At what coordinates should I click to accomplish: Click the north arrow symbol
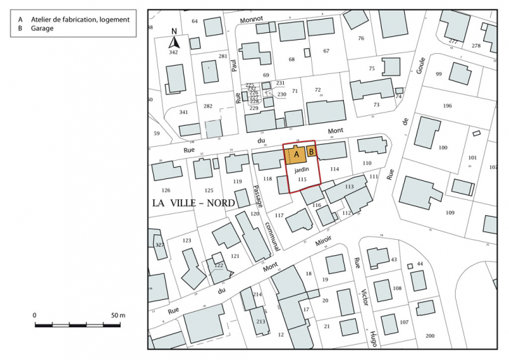click(173, 41)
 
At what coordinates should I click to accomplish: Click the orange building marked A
click(296, 154)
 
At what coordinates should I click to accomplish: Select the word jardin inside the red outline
click(301, 170)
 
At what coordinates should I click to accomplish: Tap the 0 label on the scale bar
click(35, 315)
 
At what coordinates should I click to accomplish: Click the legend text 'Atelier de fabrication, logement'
click(80, 20)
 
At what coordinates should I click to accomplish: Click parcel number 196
click(447, 106)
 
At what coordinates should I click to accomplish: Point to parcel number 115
click(302, 180)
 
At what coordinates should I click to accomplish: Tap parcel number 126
click(166, 190)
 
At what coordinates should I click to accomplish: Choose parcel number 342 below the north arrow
click(173, 52)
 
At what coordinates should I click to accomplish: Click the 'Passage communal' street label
click(268, 217)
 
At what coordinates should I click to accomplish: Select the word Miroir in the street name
click(322, 241)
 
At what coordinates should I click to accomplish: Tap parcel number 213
click(260, 322)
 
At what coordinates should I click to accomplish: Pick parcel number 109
click(450, 213)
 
